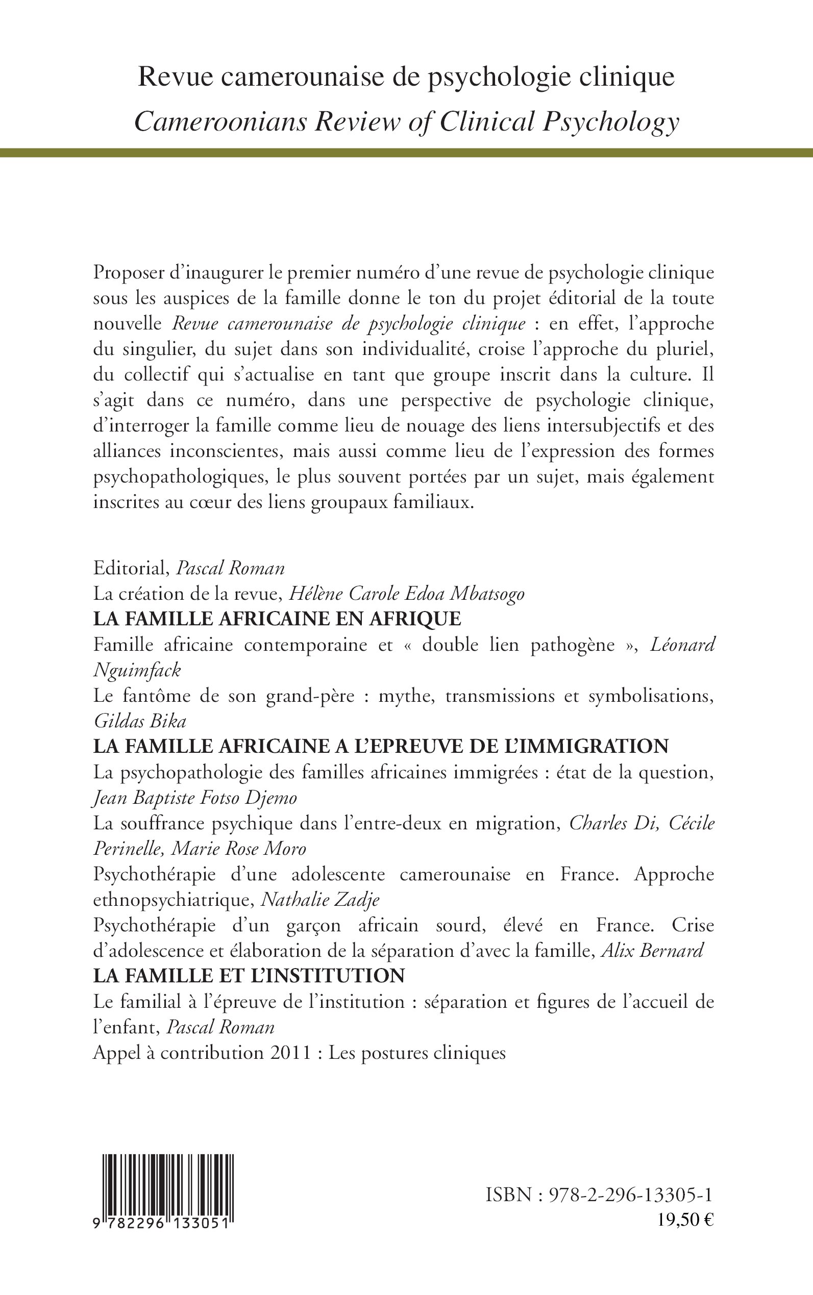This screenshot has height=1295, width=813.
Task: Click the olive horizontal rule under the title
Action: coord(406,153)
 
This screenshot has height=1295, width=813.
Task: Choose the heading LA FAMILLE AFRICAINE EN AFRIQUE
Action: coord(277,619)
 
